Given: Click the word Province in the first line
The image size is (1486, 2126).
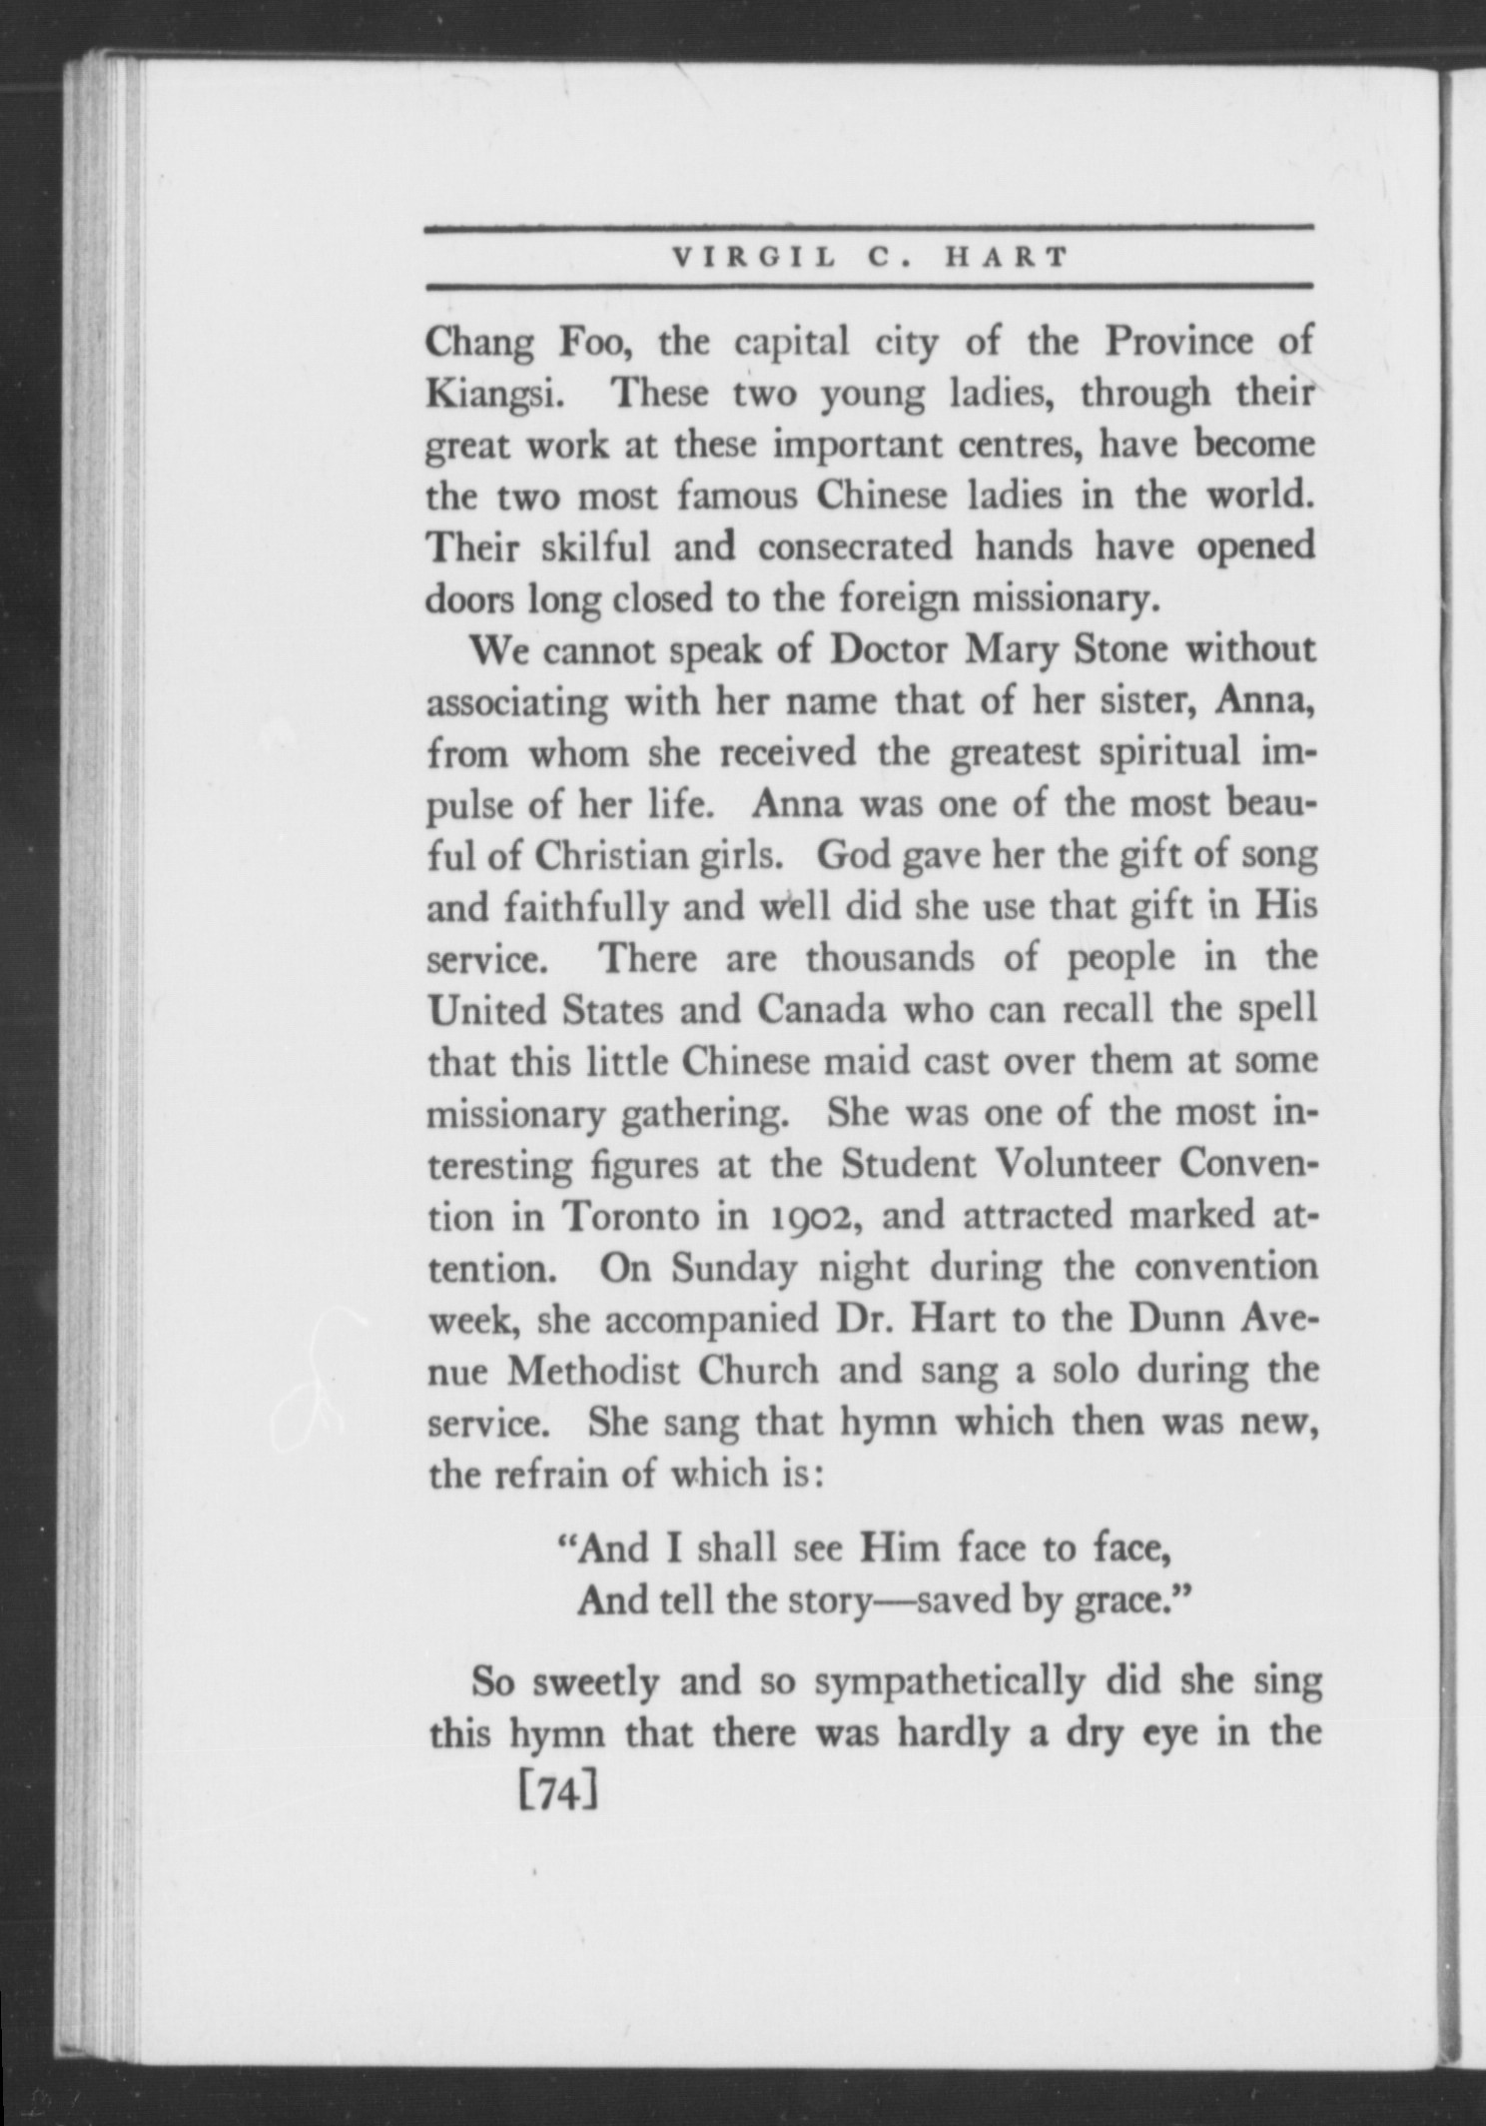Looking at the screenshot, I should pyautogui.click(x=1180, y=342).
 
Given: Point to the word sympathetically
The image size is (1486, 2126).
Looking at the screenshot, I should pyautogui.click(x=949, y=1683).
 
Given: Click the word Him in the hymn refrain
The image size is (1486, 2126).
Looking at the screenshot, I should pyautogui.click(x=900, y=1549).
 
